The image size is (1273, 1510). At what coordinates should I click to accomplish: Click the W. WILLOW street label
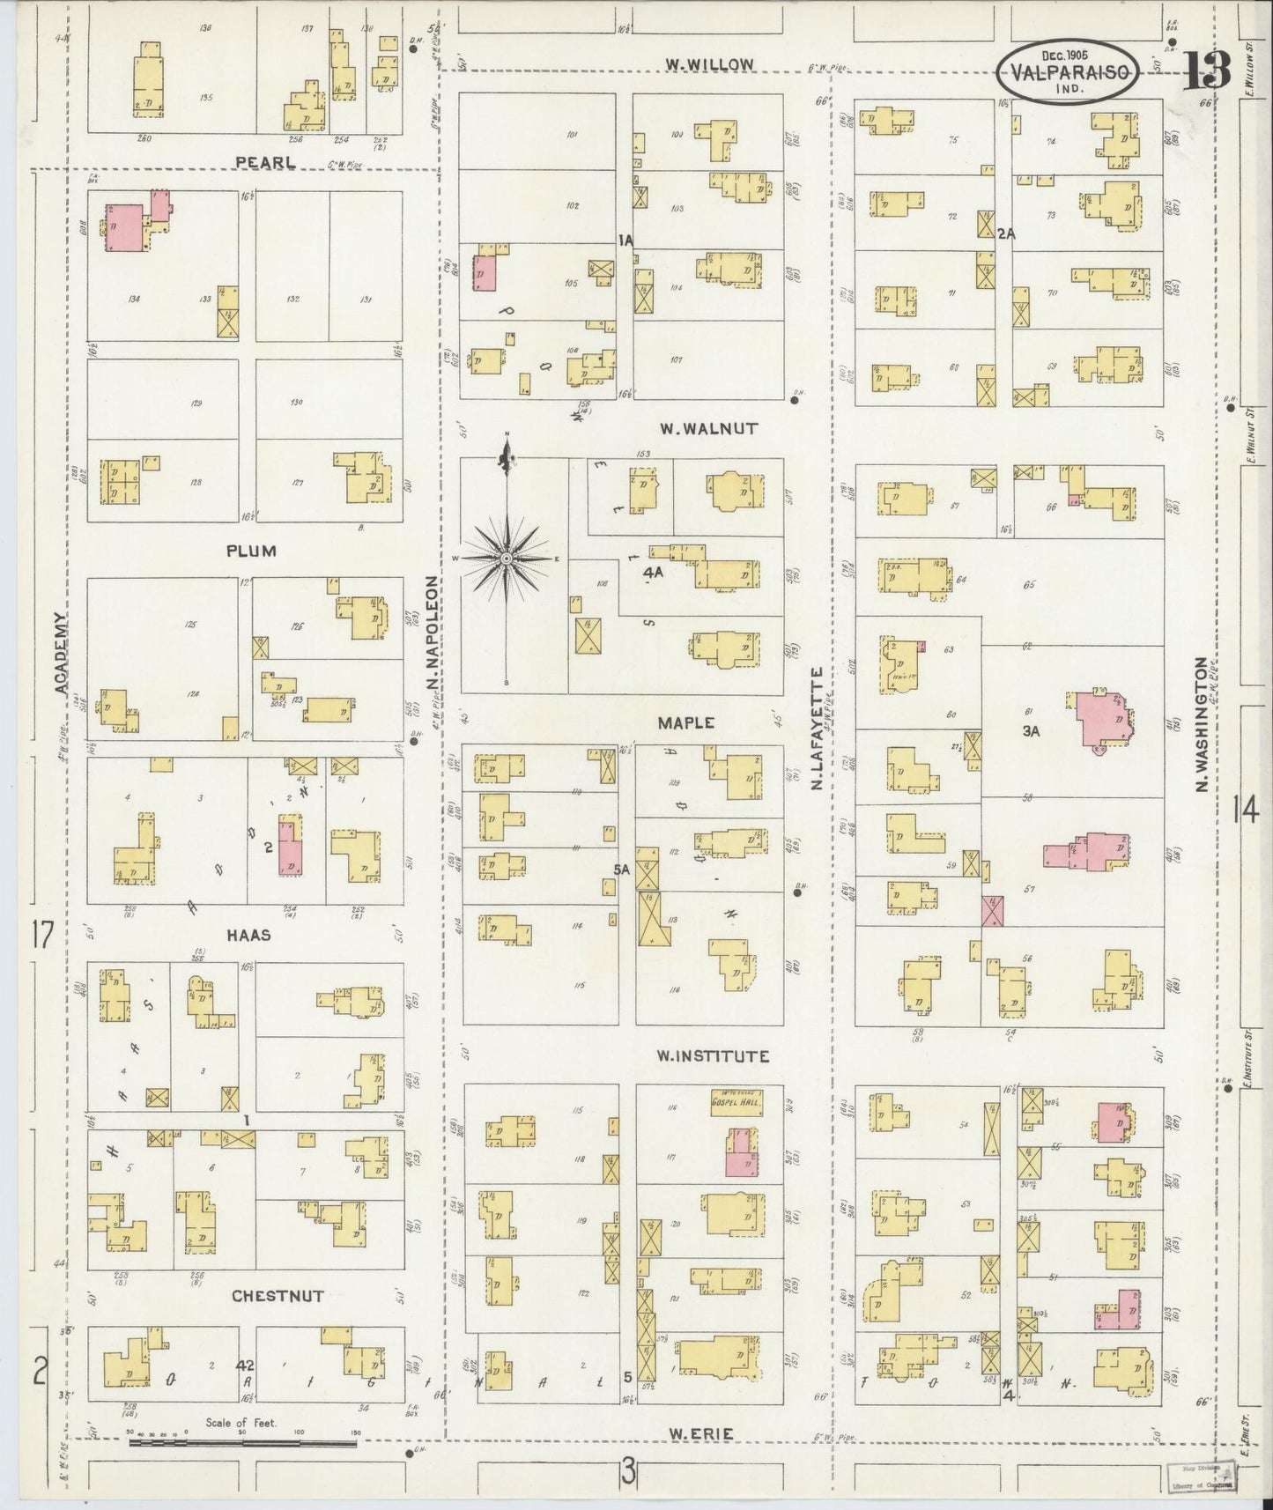coord(709,64)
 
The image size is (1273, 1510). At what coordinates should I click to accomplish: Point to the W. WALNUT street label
coord(708,429)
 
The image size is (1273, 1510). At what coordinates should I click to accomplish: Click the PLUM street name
coord(251,551)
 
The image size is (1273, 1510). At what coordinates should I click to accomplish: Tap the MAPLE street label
coord(685,722)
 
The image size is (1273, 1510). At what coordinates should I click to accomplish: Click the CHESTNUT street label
coord(278,1296)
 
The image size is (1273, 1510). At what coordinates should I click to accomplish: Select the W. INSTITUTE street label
coord(714,1055)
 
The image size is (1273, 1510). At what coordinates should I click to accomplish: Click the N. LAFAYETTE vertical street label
coord(817,727)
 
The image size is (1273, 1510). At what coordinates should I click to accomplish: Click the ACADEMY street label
coord(60,654)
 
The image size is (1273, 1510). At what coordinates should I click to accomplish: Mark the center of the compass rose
coord(507,559)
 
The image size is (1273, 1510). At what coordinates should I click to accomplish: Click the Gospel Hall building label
coord(736,1100)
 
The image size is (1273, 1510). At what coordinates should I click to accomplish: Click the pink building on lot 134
coord(124,228)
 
